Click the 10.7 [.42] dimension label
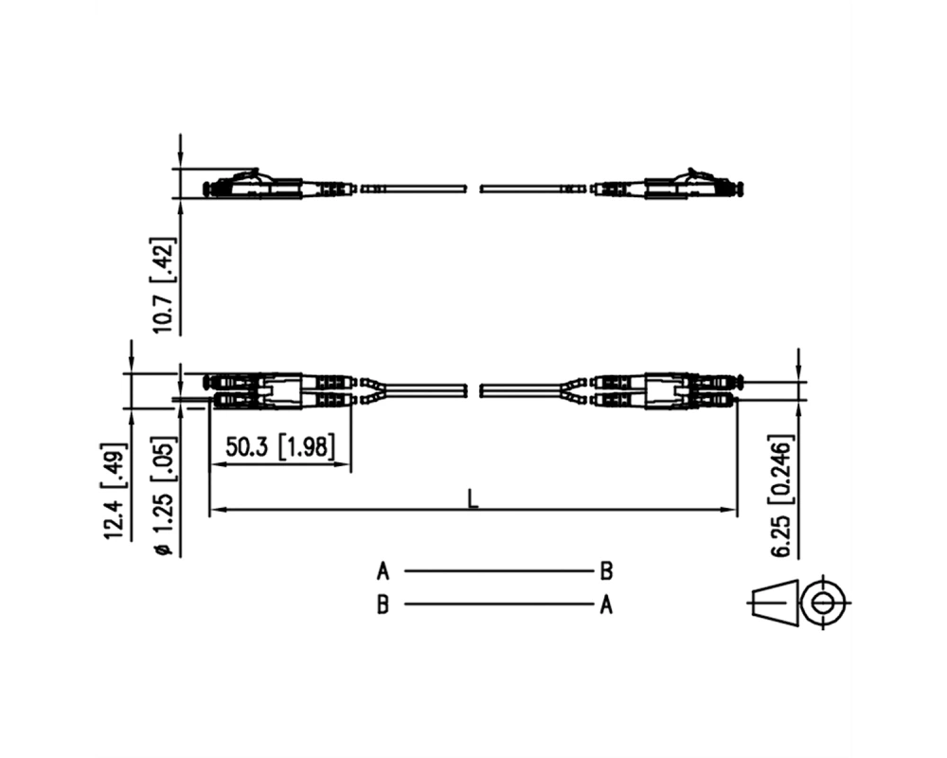point(163,284)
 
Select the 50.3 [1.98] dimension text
point(279,447)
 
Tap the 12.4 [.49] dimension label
point(115,491)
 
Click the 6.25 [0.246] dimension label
point(783,496)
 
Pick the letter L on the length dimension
point(473,498)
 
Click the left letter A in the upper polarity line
point(383,570)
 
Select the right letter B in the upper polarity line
point(606,570)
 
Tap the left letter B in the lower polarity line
point(383,605)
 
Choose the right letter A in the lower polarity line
point(606,605)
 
